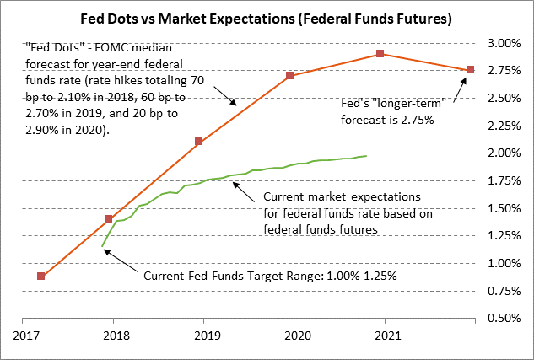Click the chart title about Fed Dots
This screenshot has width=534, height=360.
[267, 17]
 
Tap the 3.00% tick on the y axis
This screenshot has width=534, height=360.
[505, 43]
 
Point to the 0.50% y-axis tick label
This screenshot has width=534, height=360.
[505, 319]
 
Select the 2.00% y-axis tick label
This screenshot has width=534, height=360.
[505, 153]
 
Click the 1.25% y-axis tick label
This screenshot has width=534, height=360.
[505, 236]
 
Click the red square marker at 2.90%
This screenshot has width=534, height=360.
[380, 54]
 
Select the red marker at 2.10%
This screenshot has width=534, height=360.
[199, 142]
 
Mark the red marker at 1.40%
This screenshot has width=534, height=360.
[108, 219]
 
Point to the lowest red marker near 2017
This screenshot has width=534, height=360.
[41, 276]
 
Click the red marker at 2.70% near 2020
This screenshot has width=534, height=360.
[289, 76]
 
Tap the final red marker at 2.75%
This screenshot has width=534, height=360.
[470, 69]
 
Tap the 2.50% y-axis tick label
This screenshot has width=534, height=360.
[505, 99]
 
